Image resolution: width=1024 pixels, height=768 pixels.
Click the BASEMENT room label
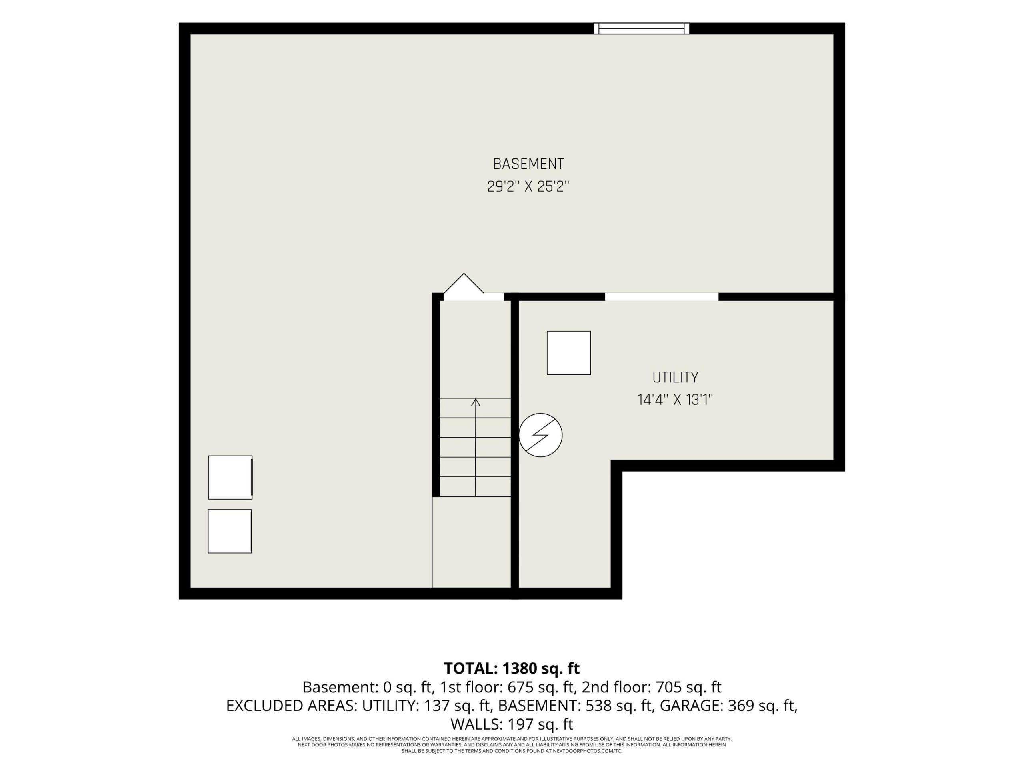tap(528, 164)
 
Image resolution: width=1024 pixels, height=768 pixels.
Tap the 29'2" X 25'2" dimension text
tap(528, 186)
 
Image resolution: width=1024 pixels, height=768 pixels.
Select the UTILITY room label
tap(675, 377)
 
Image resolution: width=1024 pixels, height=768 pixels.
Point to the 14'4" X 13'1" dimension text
tap(675, 400)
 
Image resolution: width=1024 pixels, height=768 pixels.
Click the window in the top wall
tap(642, 28)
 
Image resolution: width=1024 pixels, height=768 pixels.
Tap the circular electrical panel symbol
tap(540, 435)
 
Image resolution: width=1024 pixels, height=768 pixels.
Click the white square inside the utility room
tap(568, 353)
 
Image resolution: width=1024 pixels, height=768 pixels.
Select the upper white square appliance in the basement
tap(230, 477)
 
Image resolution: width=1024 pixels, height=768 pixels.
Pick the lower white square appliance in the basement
tap(230, 531)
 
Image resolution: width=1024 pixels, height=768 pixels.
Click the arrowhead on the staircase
tap(476, 402)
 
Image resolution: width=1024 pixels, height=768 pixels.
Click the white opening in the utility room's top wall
tap(662, 297)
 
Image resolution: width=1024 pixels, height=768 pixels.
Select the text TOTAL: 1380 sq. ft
tap(512, 668)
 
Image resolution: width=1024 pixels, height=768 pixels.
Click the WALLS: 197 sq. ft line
tap(512, 724)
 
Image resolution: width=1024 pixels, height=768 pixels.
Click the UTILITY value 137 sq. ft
tap(456, 706)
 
